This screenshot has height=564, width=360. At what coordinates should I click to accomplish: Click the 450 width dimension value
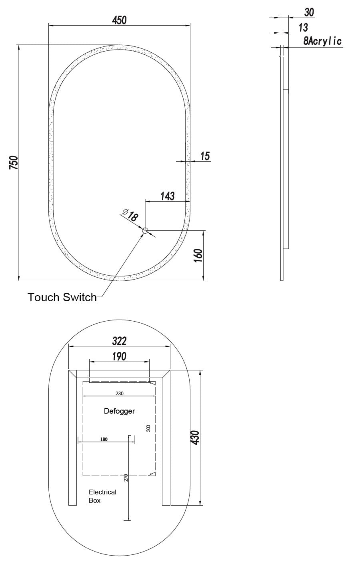click(119, 20)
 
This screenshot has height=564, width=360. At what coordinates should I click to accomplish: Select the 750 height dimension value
click(14, 163)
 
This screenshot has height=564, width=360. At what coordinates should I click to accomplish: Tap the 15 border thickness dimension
click(205, 156)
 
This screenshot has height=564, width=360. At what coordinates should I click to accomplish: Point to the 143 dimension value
click(168, 196)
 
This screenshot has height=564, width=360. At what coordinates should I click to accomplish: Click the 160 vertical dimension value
click(198, 255)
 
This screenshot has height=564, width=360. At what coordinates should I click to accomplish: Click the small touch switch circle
click(145, 230)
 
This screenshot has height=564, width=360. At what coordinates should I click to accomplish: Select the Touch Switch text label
click(62, 297)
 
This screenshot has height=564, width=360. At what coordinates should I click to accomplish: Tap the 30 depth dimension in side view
click(309, 12)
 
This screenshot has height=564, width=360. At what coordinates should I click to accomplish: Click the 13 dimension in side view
click(303, 28)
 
